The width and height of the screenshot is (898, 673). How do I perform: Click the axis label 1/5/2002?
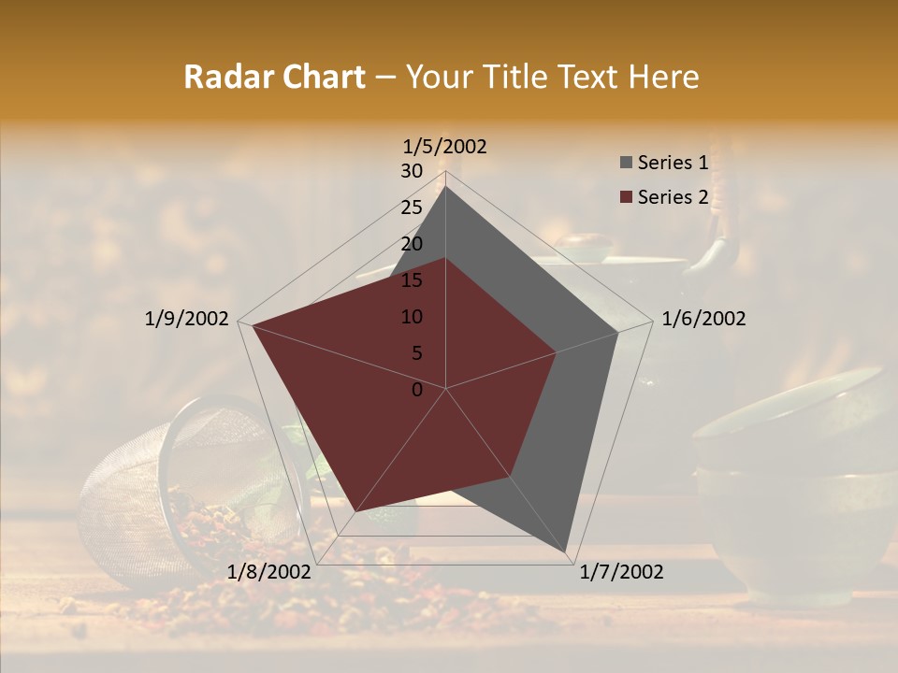coord(444,146)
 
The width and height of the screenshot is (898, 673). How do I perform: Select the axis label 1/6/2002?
coord(703,319)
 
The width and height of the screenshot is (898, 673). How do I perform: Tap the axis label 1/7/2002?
coord(621,571)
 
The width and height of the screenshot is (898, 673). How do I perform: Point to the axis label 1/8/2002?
coord(268,571)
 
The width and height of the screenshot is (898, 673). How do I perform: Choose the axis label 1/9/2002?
coord(186,319)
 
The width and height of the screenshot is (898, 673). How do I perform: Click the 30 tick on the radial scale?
coord(412,171)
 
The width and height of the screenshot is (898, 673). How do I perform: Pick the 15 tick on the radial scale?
coord(412,280)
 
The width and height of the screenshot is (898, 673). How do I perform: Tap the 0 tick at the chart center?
coord(417,390)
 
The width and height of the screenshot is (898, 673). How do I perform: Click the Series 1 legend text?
coord(673,163)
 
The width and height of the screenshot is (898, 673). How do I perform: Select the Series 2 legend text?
coord(673,197)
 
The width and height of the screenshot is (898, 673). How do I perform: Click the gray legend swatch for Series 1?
coord(626,163)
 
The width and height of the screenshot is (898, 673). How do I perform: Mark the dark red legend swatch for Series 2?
coord(626,197)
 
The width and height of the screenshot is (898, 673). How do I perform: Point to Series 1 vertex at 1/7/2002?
coord(567,552)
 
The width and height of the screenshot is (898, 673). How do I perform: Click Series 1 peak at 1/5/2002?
coord(445,186)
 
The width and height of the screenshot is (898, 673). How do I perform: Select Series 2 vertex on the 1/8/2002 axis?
coord(356,511)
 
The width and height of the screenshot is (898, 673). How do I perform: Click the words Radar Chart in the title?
coord(274,78)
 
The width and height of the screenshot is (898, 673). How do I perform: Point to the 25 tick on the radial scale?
coord(412,208)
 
